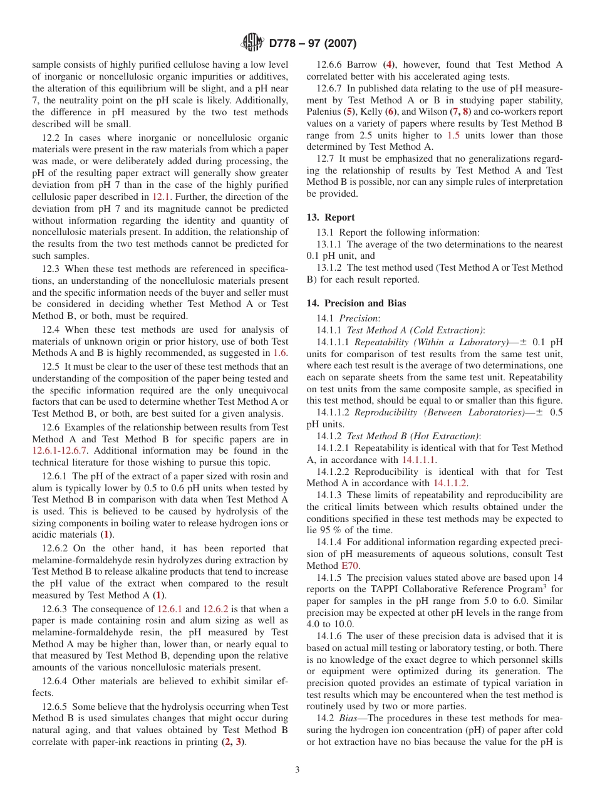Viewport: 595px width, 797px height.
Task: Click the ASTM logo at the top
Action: point(252,43)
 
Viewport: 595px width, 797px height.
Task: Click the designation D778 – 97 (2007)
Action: point(313,44)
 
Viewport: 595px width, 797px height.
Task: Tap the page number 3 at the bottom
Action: point(297,770)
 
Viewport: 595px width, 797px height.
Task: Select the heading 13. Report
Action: point(331,217)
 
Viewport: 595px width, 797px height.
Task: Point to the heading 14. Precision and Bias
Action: point(356,303)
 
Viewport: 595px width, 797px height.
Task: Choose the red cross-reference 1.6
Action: point(280,353)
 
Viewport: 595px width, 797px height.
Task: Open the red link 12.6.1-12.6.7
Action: point(60,451)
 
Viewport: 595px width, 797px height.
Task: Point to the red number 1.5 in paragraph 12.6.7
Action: point(453,135)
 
